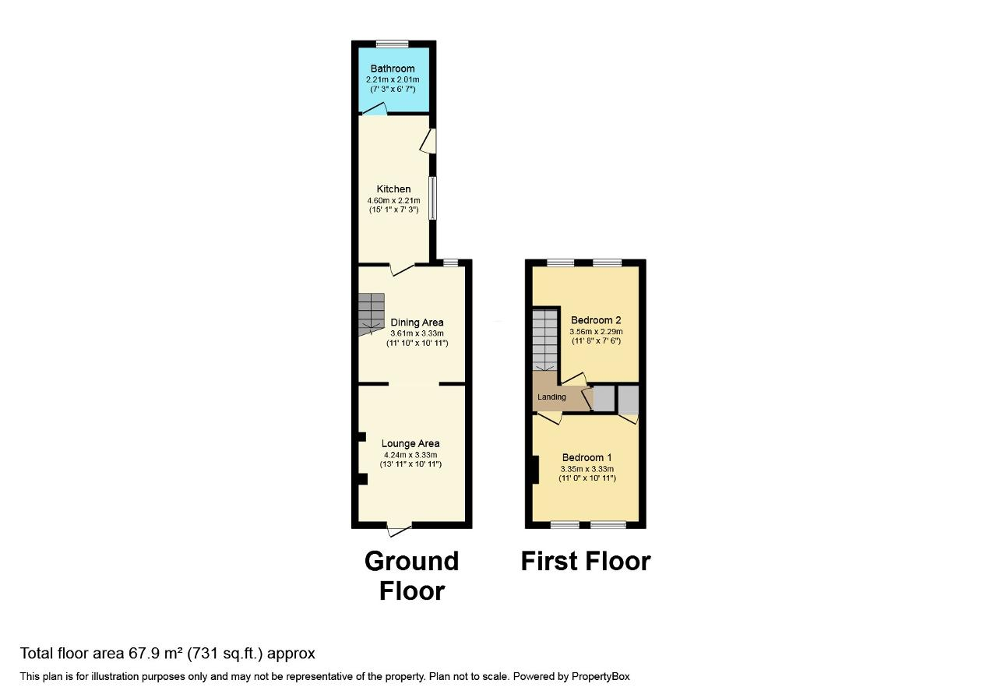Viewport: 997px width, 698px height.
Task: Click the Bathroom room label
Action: click(393, 69)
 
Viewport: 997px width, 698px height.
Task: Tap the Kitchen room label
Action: click(393, 189)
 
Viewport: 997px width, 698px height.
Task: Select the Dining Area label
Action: click(417, 323)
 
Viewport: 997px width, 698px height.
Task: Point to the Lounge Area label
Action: click(410, 444)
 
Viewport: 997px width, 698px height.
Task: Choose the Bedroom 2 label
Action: click(596, 320)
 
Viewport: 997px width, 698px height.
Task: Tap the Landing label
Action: click(551, 397)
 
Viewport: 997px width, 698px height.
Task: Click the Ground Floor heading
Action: click(411, 576)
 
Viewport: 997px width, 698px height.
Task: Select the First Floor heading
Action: click(585, 561)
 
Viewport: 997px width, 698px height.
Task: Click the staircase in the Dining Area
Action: click(372, 314)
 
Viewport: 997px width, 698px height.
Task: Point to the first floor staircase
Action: click(545, 340)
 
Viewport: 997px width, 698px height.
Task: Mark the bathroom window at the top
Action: click(393, 44)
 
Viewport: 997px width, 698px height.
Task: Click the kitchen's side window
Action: click(432, 198)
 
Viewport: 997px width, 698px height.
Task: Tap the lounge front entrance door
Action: click(399, 531)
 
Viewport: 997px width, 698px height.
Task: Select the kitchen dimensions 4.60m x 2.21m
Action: click(393, 200)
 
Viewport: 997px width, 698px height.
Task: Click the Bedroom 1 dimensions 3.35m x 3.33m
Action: click(587, 469)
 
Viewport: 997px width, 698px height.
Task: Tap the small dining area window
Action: click(450, 263)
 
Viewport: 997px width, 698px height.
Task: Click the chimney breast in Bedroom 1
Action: click(535, 470)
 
